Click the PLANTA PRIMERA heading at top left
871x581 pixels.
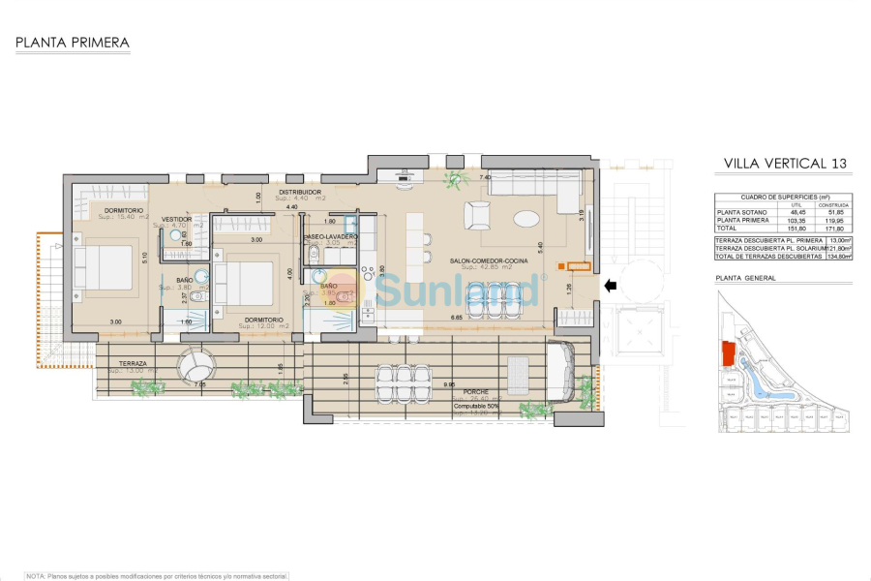click(x=73, y=43)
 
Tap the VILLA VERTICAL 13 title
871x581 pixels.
click(x=785, y=164)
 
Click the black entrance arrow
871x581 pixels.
click(x=609, y=286)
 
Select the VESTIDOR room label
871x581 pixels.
click(x=177, y=220)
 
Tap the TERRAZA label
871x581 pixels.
click(x=127, y=362)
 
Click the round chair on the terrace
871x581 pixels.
click(x=196, y=366)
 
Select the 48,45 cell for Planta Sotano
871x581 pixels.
click(x=796, y=212)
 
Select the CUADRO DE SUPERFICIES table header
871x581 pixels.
click(x=782, y=197)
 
